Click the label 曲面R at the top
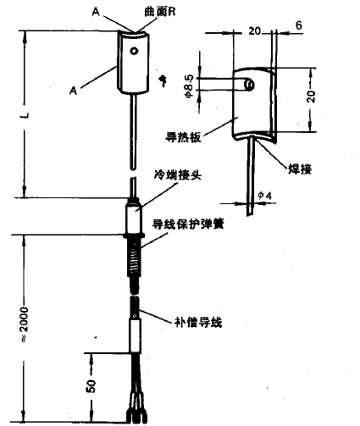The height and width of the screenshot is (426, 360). pyautogui.click(x=160, y=12)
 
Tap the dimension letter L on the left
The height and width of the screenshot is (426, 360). pyautogui.click(x=25, y=115)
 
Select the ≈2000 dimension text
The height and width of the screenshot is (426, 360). pyautogui.click(x=25, y=324)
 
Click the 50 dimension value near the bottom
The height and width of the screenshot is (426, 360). pyautogui.click(x=91, y=386)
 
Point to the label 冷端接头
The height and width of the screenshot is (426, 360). pyautogui.click(x=178, y=175)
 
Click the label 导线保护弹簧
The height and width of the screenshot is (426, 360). pyautogui.click(x=188, y=224)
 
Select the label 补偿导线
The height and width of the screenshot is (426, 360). pyautogui.click(x=198, y=322)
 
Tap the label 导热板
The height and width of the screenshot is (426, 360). pyautogui.click(x=183, y=137)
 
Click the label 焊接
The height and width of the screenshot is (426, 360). pyautogui.click(x=300, y=169)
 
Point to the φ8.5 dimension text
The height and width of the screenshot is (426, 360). pyautogui.click(x=189, y=86)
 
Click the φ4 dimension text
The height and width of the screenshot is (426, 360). pyautogui.click(x=265, y=196)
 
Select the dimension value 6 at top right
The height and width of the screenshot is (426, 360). pyautogui.click(x=298, y=25)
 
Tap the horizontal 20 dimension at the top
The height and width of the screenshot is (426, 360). pyautogui.click(x=254, y=30)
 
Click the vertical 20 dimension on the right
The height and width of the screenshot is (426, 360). pyautogui.click(x=311, y=97)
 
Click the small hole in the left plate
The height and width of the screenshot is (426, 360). pyautogui.click(x=134, y=51)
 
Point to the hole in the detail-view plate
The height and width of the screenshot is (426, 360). pyautogui.click(x=249, y=85)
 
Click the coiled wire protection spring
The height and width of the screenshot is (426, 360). pyautogui.click(x=135, y=258)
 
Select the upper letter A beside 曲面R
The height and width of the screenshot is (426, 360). pyautogui.click(x=96, y=12)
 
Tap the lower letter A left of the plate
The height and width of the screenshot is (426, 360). pyautogui.click(x=73, y=91)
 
